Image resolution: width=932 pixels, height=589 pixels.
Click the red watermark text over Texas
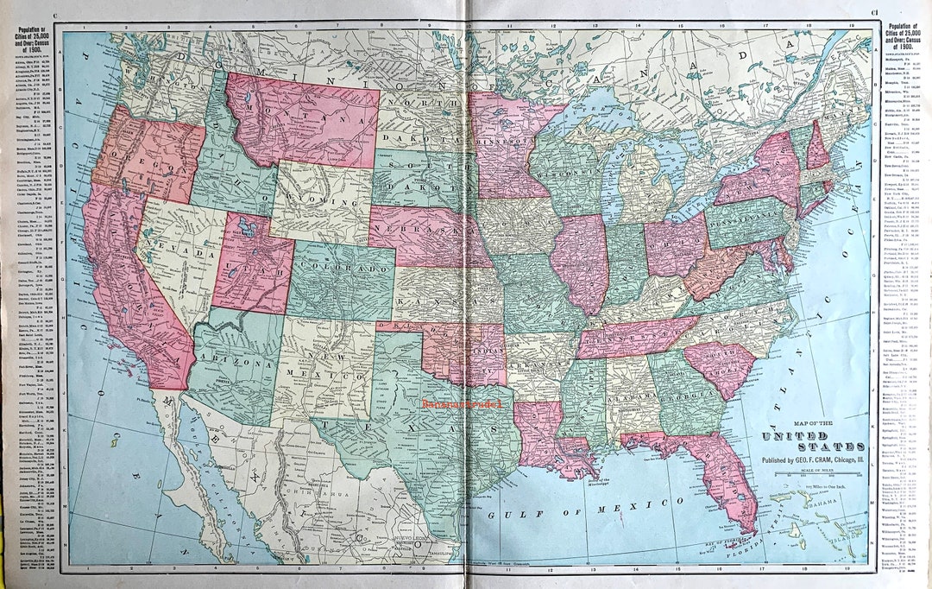[x=464, y=402]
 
